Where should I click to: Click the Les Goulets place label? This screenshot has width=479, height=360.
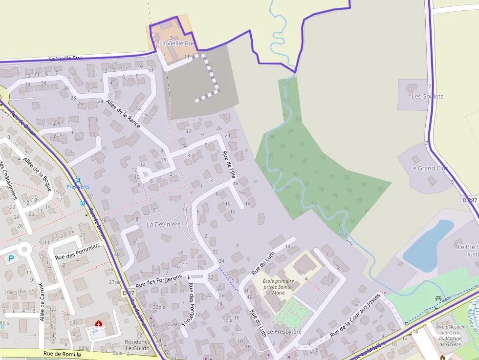[x=427, y=96]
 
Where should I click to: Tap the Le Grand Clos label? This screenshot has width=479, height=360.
[x=429, y=168]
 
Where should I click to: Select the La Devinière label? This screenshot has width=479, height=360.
[x=164, y=224]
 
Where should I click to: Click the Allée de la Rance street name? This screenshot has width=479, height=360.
[x=123, y=112]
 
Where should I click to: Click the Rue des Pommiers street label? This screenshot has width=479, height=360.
[x=78, y=251]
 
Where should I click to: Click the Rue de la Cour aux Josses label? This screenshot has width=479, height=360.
[x=355, y=315]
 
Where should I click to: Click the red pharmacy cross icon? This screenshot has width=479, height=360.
[x=98, y=323]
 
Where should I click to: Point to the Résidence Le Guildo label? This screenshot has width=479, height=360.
[x=137, y=345]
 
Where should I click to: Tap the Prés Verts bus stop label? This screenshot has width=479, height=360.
[x=78, y=187]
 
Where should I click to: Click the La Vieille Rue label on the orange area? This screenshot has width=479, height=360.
[x=177, y=43]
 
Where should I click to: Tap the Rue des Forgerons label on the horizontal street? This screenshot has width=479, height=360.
[x=159, y=280]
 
